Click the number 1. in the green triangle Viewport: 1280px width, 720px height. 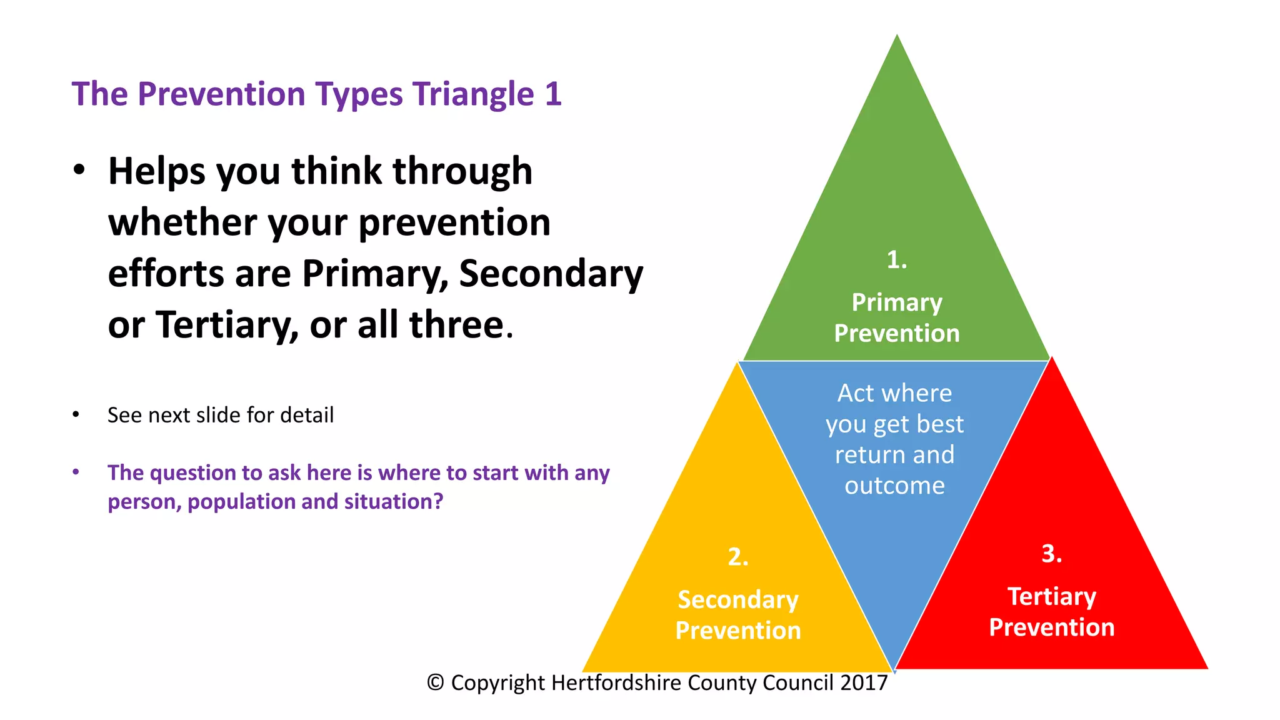(896, 259)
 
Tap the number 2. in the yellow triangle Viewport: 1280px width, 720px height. (737, 556)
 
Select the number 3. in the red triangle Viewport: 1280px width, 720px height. (1051, 553)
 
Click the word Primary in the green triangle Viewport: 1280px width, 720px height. (897, 302)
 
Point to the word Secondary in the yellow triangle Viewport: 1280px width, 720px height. (737, 599)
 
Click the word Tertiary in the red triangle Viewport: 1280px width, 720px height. (1051, 596)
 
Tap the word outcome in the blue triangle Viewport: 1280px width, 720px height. (894, 486)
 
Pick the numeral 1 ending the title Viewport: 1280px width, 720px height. (553, 94)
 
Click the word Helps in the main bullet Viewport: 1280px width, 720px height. (156, 171)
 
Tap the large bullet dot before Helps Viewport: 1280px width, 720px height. (79, 170)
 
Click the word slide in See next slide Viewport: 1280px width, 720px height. (218, 415)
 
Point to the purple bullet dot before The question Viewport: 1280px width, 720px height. (76, 472)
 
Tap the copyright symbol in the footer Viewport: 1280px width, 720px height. (435, 682)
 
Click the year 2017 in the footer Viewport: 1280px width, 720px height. (864, 682)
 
